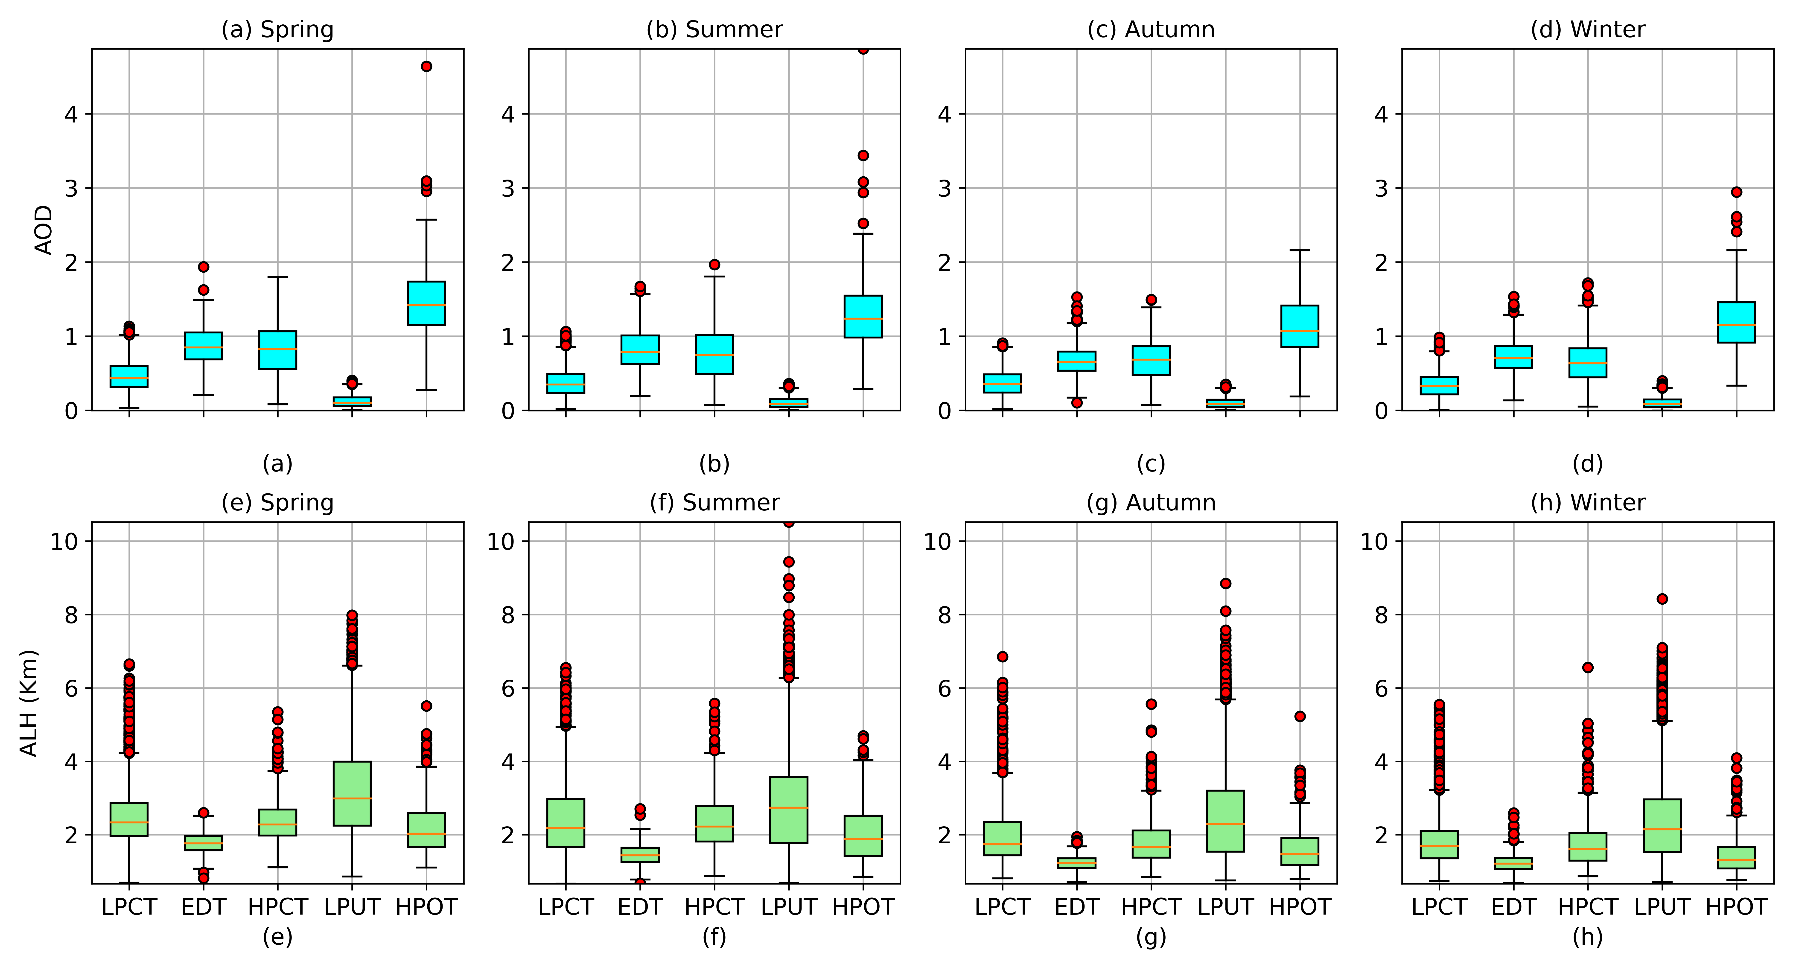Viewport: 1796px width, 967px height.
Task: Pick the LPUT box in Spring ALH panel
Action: (x=352, y=793)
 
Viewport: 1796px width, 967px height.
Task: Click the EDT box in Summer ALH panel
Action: (x=640, y=855)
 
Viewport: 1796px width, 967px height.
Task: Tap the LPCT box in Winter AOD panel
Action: (x=1439, y=386)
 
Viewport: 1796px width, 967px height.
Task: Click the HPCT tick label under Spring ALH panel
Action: (x=277, y=907)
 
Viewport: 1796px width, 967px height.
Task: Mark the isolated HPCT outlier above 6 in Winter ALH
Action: (x=1588, y=667)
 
